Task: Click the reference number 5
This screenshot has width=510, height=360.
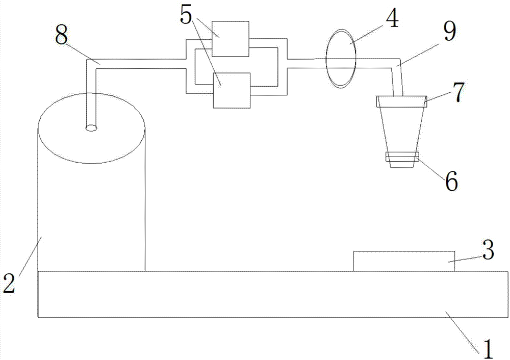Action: pyautogui.click(x=186, y=16)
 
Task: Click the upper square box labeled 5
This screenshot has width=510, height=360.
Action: pyautogui.click(x=231, y=39)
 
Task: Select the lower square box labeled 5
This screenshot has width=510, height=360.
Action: pyautogui.click(x=232, y=90)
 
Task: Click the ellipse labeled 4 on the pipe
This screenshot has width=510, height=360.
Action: pyautogui.click(x=341, y=60)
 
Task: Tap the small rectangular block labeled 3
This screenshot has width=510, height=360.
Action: pyautogui.click(x=404, y=261)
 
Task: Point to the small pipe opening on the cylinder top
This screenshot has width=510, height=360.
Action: pyautogui.click(x=91, y=128)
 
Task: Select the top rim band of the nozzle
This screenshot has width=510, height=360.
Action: pyautogui.click(x=400, y=101)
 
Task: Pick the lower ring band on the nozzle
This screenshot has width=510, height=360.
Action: pyautogui.click(x=402, y=158)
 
